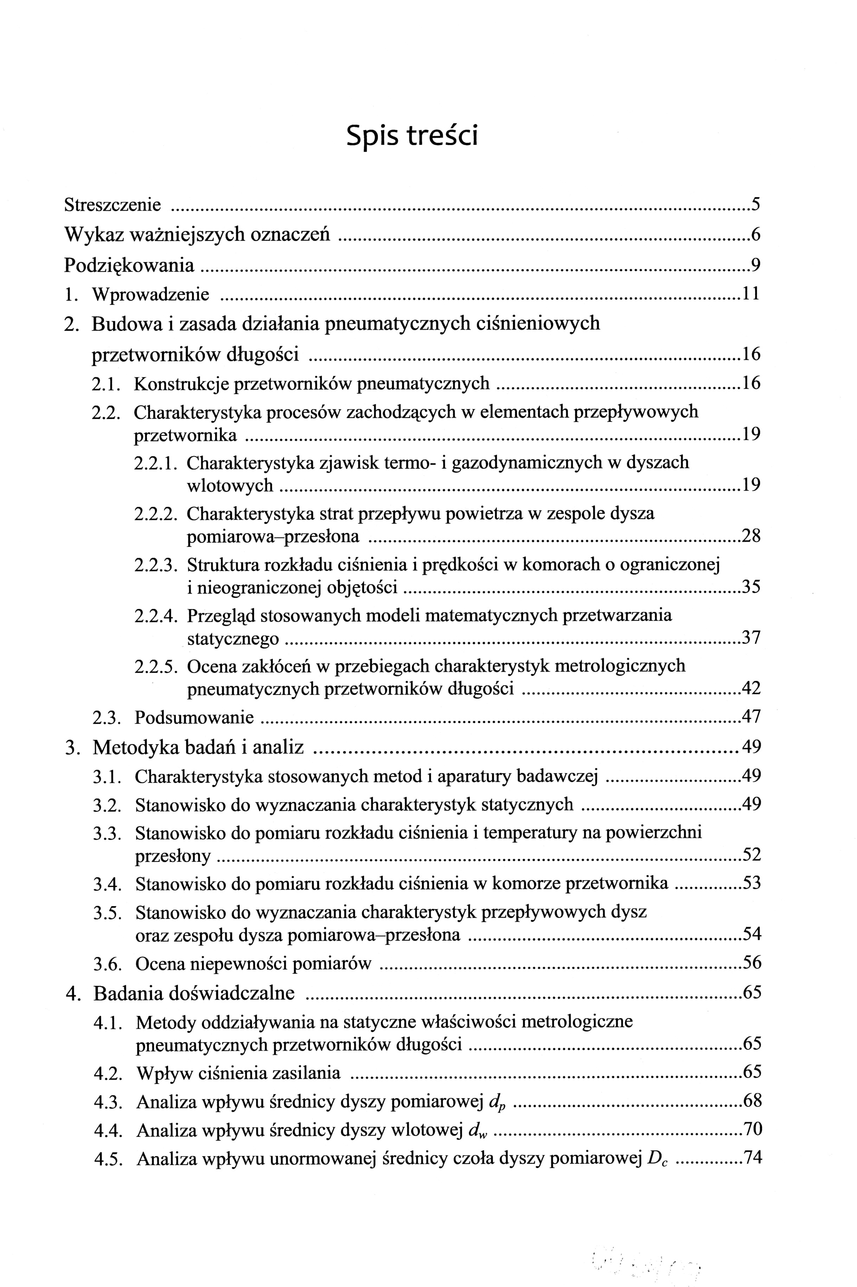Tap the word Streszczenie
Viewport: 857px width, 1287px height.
point(113,205)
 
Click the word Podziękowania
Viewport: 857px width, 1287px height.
point(129,265)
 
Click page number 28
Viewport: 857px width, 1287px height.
point(750,536)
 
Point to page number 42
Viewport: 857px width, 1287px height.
point(750,689)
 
